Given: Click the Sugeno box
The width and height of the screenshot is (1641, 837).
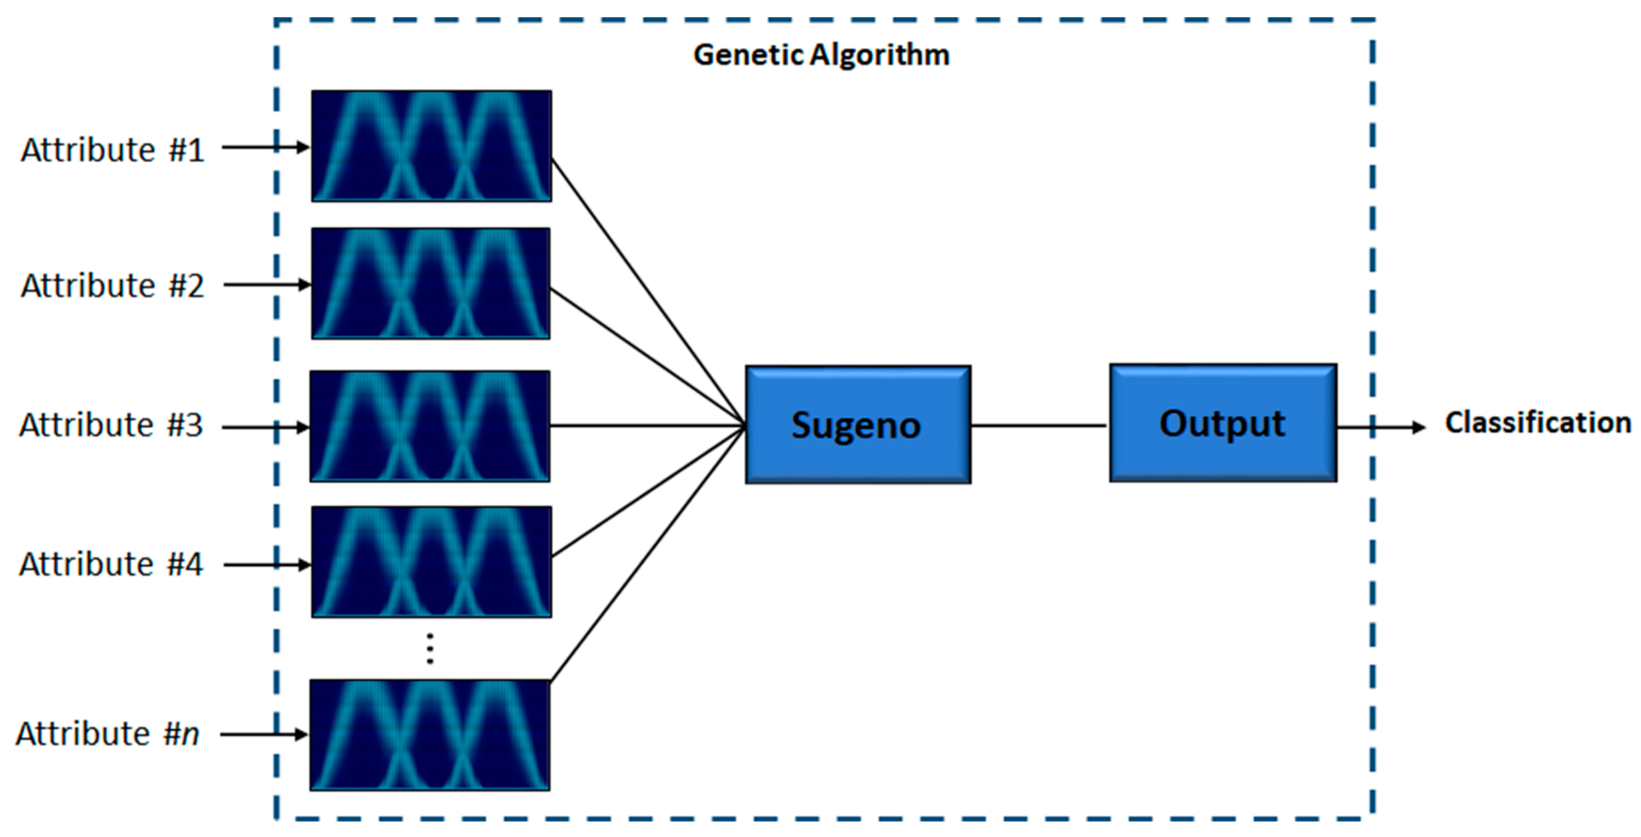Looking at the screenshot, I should pyautogui.click(x=857, y=425).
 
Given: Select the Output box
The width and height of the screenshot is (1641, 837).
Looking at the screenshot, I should pyautogui.click(x=1222, y=423).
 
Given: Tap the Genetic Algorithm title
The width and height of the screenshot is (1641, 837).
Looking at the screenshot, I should pyautogui.click(x=821, y=55).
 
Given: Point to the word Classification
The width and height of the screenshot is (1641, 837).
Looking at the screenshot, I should pyautogui.click(x=1537, y=423).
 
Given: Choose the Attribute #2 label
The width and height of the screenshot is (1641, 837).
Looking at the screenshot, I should pyautogui.click(x=113, y=286).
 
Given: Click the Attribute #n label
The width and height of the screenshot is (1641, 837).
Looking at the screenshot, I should pyautogui.click(x=107, y=734).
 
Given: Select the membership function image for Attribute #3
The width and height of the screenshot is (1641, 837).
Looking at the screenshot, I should pyautogui.click(x=430, y=426).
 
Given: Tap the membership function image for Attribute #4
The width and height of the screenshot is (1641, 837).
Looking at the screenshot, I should pyautogui.click(x=431, y=562).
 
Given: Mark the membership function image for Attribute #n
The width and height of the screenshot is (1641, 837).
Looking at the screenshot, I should pyautogui.click(x=430, y=735).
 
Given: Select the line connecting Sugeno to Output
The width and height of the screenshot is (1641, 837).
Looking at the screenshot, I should pyautogui.click(x=1039, y=425).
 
